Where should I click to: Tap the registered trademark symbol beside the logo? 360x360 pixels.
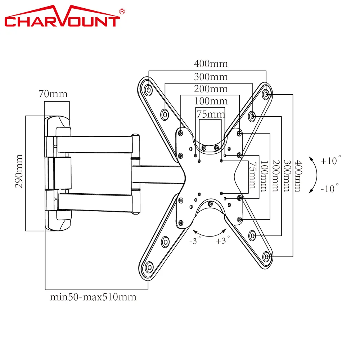tap(122, 11)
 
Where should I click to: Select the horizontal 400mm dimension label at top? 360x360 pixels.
tap(211, 64)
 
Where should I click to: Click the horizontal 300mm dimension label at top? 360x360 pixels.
tap(211, 77)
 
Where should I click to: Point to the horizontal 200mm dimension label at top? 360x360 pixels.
tap(211, 89)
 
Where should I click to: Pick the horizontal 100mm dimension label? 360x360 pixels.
tap(211, 101)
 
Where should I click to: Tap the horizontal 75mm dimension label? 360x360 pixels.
tap(211, 114)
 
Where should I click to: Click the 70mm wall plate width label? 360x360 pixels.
tap(53, 94)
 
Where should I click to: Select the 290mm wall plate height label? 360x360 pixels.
tap(19, 171)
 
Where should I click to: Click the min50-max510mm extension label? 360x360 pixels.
tap(93, 297)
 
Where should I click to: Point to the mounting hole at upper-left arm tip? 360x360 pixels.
tap(149, 89)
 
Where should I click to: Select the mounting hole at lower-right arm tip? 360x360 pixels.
tap(266, 257)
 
